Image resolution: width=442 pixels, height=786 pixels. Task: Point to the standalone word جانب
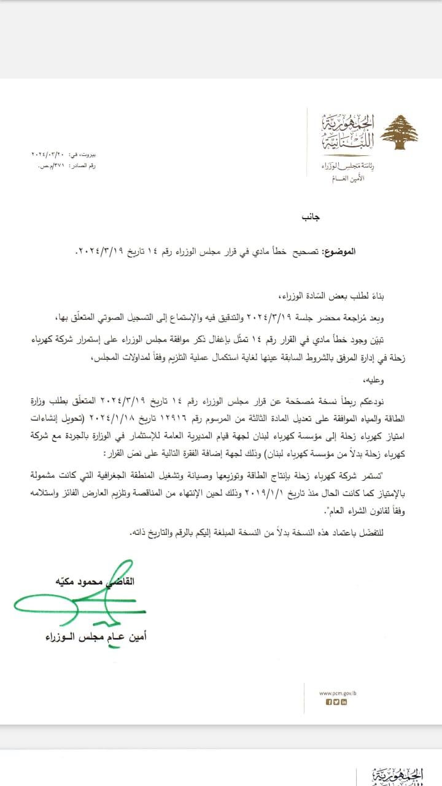click(x=310, y=217)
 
